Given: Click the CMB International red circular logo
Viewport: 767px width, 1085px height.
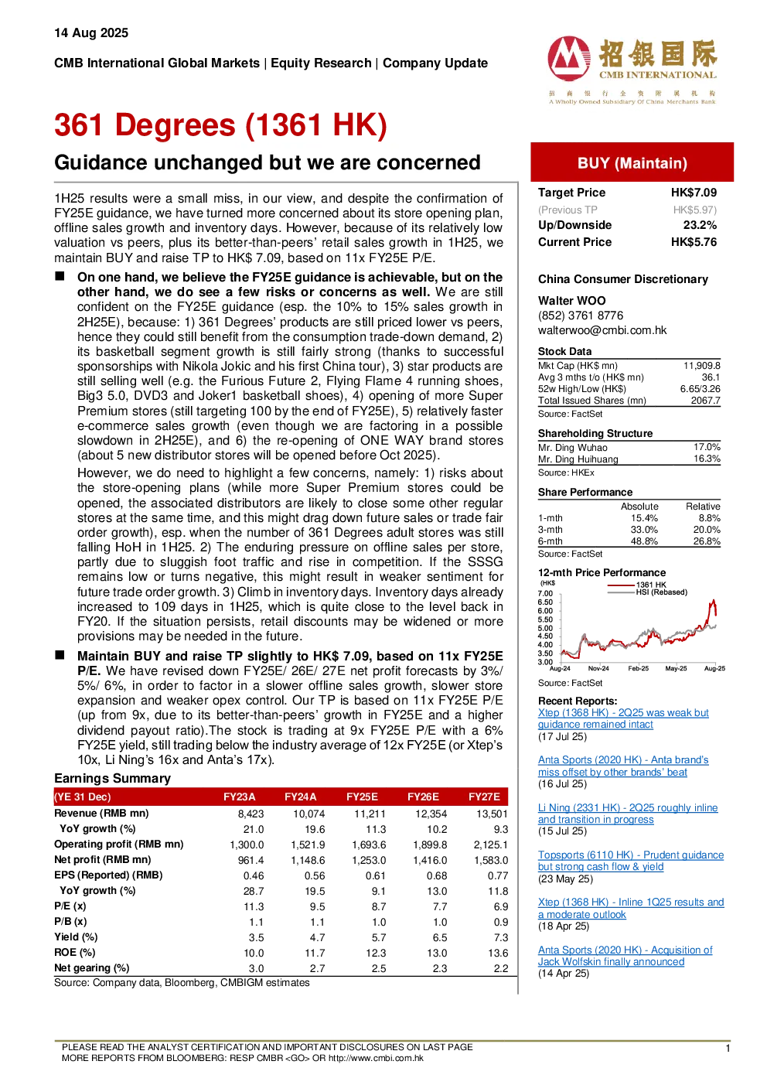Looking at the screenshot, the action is tap(569, 59).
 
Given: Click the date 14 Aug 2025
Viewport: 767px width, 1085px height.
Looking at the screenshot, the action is tap(91, 33).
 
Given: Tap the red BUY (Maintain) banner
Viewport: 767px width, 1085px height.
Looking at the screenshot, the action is tap(632, 162).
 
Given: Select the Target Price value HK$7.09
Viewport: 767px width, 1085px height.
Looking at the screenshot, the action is tap(694, 193).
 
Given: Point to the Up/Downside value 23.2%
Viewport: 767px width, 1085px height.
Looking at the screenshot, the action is tap(700, 225).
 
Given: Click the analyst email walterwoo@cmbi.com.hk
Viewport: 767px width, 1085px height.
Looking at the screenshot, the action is tap(602, 330).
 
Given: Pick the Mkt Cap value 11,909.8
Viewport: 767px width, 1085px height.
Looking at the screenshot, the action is tap(701, 366).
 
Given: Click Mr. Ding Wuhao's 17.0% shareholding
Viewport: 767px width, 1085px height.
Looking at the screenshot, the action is tap(707, 447).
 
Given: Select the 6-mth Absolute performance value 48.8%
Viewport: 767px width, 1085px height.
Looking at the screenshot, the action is tap(644, 541).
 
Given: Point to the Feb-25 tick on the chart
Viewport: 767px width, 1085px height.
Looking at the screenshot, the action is tap(638, 668).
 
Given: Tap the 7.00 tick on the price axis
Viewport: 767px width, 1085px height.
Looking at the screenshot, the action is tap(545, 593).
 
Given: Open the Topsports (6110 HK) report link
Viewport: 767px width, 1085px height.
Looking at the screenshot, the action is tap(630, 861).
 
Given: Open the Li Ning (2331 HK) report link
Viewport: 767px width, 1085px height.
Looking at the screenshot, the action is tap(628, 814).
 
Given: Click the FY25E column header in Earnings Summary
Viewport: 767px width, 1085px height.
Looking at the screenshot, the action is tap(362, 797).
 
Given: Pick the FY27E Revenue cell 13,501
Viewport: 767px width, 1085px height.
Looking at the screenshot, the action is tap(492, 814).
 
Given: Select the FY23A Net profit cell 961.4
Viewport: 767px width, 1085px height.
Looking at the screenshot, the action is tap(251, 860).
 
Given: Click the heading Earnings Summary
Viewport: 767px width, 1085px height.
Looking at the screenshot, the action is tap(112, 779).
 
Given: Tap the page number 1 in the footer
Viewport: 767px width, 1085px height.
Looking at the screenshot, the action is tap(728, 1049).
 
